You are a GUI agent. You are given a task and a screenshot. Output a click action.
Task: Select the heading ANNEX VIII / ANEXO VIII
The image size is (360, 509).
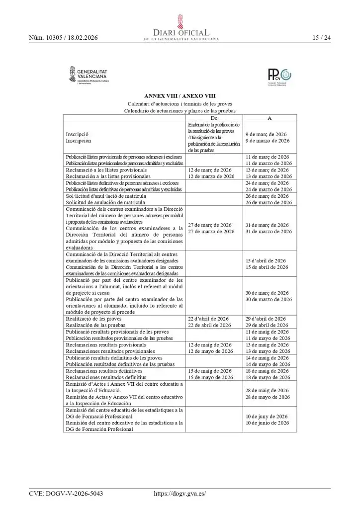[x=180, y=96]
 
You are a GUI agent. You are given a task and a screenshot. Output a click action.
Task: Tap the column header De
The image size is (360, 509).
[x=214, y=118]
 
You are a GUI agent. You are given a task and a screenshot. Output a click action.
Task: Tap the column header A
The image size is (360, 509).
[x=270, y=118]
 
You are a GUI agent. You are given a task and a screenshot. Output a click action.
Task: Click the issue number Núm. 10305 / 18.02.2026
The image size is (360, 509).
[x=63, y=38]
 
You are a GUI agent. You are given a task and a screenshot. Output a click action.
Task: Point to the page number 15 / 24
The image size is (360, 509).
[x=321, y=38]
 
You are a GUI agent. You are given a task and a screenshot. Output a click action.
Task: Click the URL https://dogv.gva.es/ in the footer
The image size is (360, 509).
[x=180, y=494]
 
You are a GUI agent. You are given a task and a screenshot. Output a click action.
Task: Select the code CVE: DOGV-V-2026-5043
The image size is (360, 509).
[x=66, y=494]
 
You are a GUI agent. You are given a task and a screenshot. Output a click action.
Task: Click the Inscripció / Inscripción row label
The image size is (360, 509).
[x=77, y=138]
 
